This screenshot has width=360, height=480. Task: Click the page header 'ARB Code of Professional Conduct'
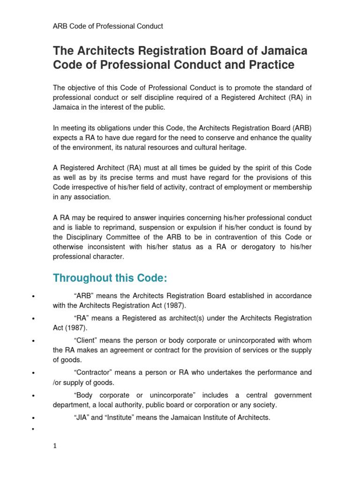[108, 26]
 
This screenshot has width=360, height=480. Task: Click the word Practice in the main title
[269, 65]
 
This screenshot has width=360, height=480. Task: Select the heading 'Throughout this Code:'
[110, 278]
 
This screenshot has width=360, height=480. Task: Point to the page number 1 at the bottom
[55, 446]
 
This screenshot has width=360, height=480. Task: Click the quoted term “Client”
[85, 340]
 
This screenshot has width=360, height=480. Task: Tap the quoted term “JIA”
[82, 418]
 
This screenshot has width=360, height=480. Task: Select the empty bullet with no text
[33, 428]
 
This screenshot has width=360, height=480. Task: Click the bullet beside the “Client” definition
[33, 341]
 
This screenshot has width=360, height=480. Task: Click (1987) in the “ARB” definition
[175, 306]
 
